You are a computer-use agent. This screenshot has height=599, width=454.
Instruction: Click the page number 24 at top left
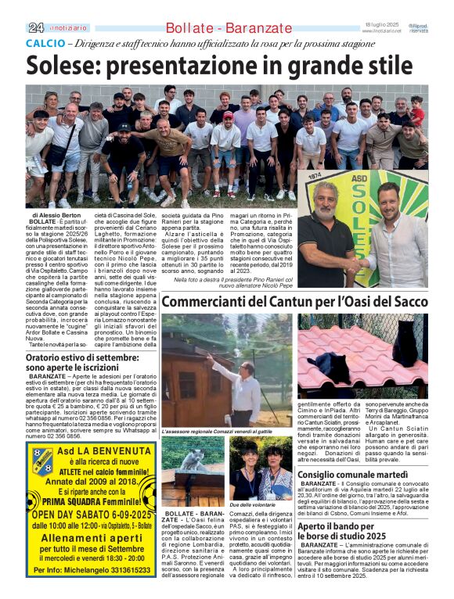[36, 27]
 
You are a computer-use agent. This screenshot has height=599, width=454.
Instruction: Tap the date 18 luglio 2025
[382, 24]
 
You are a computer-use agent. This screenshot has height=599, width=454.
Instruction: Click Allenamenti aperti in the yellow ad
[92, 540]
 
